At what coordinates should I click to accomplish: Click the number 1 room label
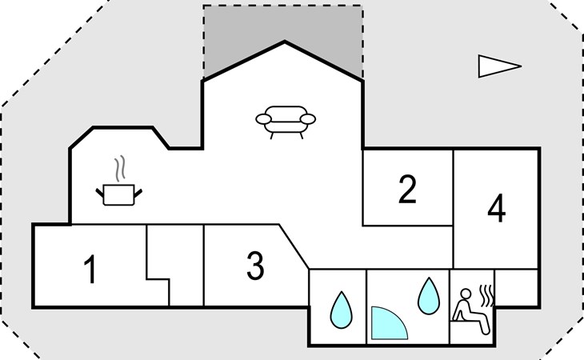[x=90, y=269]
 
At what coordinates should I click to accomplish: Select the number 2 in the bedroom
[x=407, y=189]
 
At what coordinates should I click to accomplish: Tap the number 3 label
[x=255, y=266]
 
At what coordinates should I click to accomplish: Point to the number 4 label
[x=497, y=208]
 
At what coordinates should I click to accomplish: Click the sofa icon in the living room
[x=286, y=122]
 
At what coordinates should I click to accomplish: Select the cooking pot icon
[x=119, y=194]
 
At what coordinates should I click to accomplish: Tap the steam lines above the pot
[x=119, y=169]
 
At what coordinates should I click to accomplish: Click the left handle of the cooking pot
[x=99, y=193]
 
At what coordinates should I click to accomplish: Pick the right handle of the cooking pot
[x=138, y=193]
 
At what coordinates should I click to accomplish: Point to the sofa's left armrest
[x=263, y=119]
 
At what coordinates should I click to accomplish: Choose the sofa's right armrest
[x=308, y=119]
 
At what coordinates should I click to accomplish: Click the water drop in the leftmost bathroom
[x=341, y=310]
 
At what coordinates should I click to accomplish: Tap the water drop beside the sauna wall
[x=429, y=296]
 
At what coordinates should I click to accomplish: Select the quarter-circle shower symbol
[x=387, y=325]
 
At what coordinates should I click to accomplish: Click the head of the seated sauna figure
[x=465, y=294]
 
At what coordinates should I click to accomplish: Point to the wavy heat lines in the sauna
[x=486, y=295]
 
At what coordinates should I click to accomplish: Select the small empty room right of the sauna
[x=516, y=287]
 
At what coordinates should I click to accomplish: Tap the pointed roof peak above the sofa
[x=285, y=42]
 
